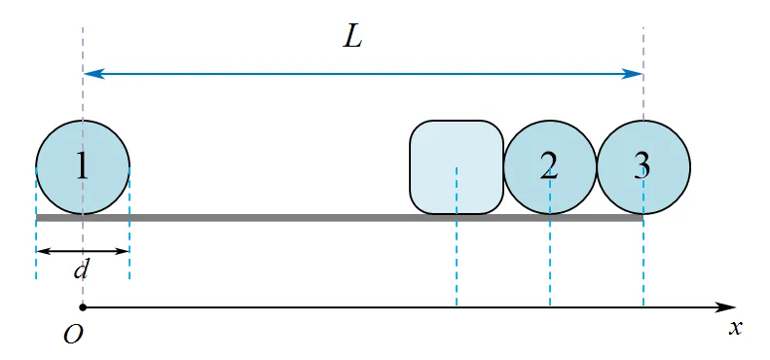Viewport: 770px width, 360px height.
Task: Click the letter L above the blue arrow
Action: click(x=352, y=37)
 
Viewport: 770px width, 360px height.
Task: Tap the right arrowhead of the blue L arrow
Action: click(x=633, y=74)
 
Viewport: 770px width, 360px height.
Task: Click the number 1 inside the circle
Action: click(x=82, y=166)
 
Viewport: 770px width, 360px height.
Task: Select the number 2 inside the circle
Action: click(x=549, y=166)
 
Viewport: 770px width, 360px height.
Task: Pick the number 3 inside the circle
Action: click(x=642, y=166)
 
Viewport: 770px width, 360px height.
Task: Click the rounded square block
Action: click(x=457, y=167)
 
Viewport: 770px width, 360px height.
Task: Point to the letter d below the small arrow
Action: click(x=81, y=270)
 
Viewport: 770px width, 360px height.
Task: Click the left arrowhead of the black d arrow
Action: click(x=42, y=251)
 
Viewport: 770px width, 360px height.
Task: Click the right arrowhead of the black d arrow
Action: click(x=123, y=251)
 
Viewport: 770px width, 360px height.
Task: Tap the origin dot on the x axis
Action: click(x=83, y=307)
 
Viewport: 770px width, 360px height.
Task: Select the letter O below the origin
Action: click(x=73, y=335)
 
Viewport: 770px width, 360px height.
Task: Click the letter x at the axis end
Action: click(x=735, y=328)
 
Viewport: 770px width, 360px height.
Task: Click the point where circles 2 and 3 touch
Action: click(x=597, y=167)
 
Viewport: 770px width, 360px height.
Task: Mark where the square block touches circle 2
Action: click(x=504, y=167)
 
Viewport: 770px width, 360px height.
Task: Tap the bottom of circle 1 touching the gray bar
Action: click(x=83, y=214)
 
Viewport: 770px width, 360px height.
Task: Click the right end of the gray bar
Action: click(x=642, y=218)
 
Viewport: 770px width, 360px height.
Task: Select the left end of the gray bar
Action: click(x=36, y=218)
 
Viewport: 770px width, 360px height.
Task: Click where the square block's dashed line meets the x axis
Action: click(x=457, y=307)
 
